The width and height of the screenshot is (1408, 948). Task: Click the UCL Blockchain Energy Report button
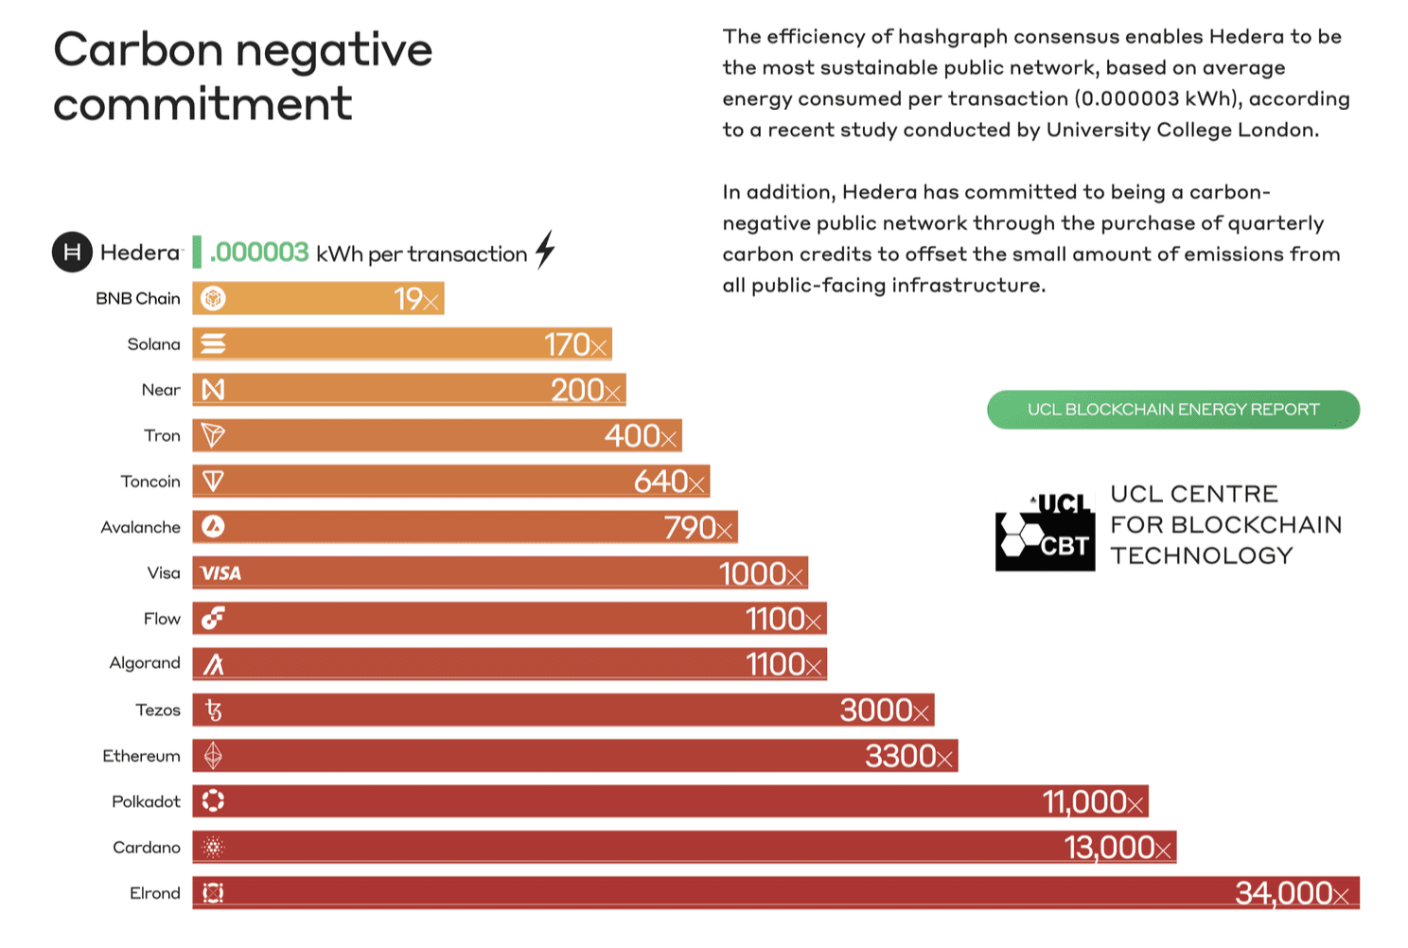1172,410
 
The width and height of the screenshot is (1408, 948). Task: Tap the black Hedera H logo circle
72,252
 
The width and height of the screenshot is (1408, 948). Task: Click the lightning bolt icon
545,250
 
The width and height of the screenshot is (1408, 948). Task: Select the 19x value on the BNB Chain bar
416,299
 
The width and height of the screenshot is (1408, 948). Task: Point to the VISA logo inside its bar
220,573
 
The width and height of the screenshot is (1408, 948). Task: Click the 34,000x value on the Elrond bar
1292,893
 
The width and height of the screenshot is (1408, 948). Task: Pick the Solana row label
153,344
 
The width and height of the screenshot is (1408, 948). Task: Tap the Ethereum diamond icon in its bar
214,756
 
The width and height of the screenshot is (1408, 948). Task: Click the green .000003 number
259,253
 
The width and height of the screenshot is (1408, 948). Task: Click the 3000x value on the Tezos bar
885,711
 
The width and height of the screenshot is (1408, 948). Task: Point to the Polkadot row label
146,801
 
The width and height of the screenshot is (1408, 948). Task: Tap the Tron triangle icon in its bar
214,435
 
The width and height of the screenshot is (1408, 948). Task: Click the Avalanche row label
140,527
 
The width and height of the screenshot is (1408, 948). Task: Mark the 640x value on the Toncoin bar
669,482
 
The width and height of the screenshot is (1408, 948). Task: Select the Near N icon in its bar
214,390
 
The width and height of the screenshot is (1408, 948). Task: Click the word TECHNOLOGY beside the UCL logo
1201,555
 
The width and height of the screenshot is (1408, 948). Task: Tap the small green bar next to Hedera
197,252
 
